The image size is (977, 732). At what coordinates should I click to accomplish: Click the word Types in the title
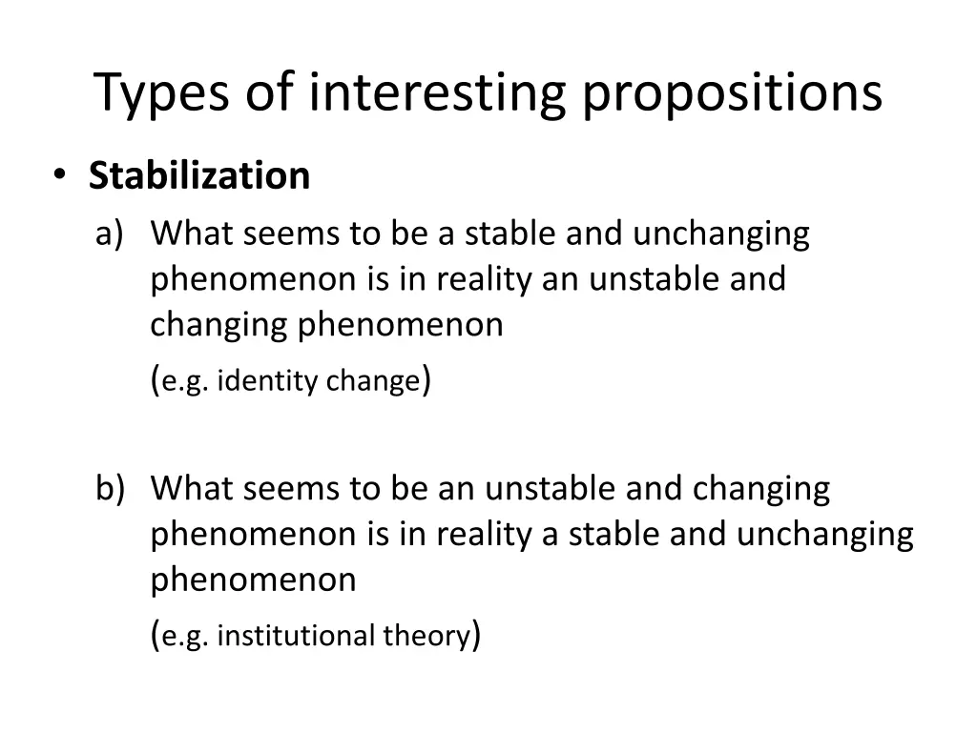tap(161, 92)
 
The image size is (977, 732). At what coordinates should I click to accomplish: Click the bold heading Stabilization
tap(198, 175)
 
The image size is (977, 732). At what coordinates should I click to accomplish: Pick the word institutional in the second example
tap(297, 636)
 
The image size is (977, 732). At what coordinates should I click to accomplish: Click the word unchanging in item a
tap(728, 233)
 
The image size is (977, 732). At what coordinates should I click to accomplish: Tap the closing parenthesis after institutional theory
tap(475, 636)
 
